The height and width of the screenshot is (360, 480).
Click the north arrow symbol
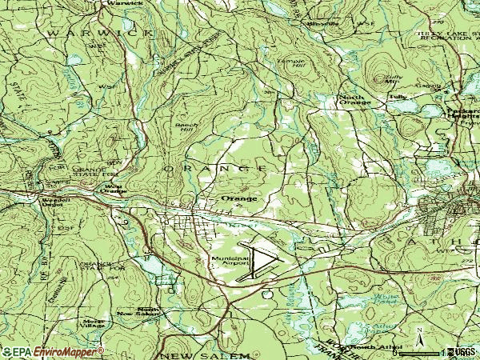pos(419,334)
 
